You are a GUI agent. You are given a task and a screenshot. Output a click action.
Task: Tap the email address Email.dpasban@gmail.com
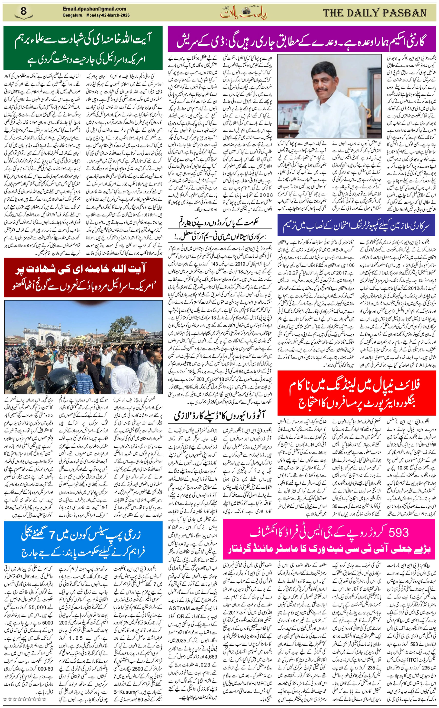point(94,9)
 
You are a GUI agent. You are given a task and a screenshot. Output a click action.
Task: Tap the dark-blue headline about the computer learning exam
point(357,226)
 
